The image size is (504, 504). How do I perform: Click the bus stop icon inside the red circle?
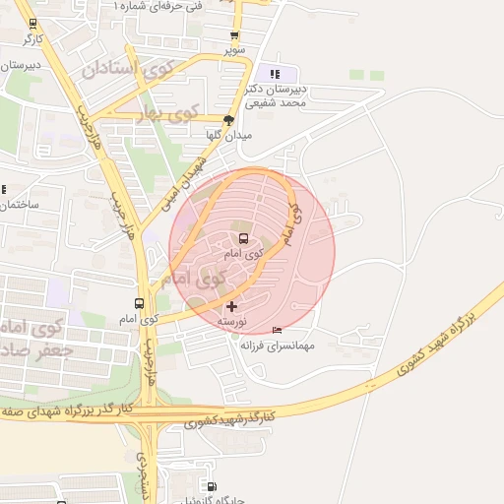[244, 239]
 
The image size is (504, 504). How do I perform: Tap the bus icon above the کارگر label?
[32, 25]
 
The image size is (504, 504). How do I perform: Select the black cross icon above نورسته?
[231, 307]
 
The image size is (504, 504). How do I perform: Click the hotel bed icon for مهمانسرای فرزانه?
[277, 330]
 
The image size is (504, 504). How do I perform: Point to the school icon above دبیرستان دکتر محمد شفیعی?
[275, 74]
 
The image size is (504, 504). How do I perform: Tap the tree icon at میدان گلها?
[229, 119]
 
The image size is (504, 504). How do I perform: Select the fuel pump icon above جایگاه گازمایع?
[212, 485]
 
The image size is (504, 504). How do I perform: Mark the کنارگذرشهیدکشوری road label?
[229, 420]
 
